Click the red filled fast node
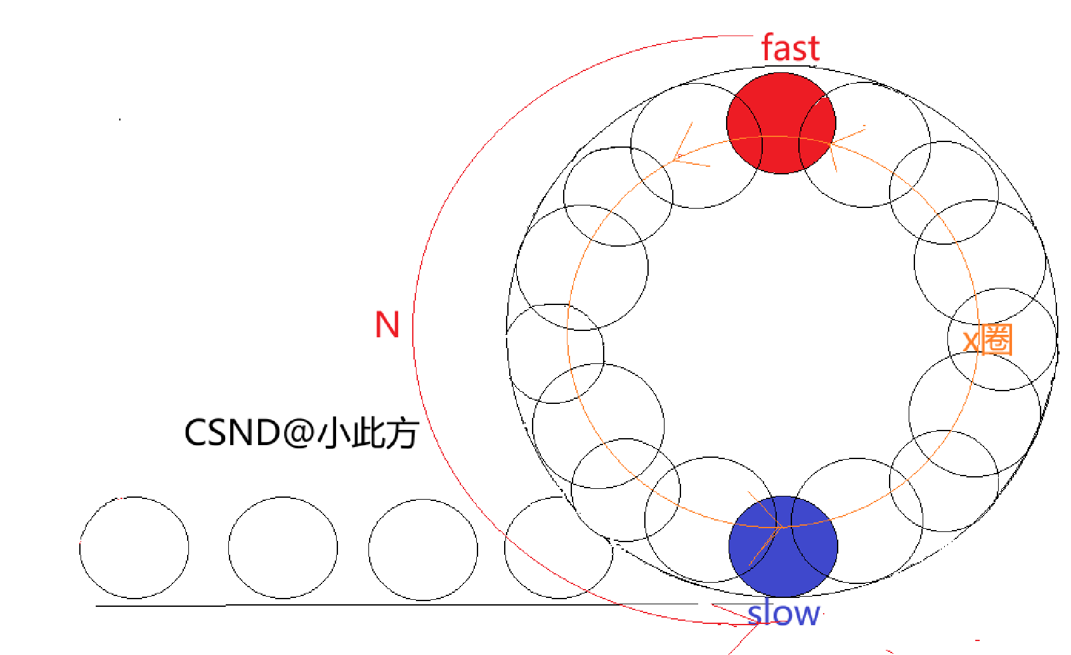[x=781, y=123]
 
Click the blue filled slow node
[x=783, y=547]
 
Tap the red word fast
[x=790, y=48]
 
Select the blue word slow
[x=784, y=614]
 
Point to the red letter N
[x=387, y=325]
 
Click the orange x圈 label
[x=987, y=340]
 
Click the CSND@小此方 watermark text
[x=301, y=433]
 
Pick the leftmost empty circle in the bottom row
[x=134, y=548]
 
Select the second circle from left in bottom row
[x=283, y=548]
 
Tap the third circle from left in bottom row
[x=423, y=549]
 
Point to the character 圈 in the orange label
[x=996, y=339]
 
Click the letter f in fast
[x=769, y=48]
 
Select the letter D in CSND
[x=266, y=433]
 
